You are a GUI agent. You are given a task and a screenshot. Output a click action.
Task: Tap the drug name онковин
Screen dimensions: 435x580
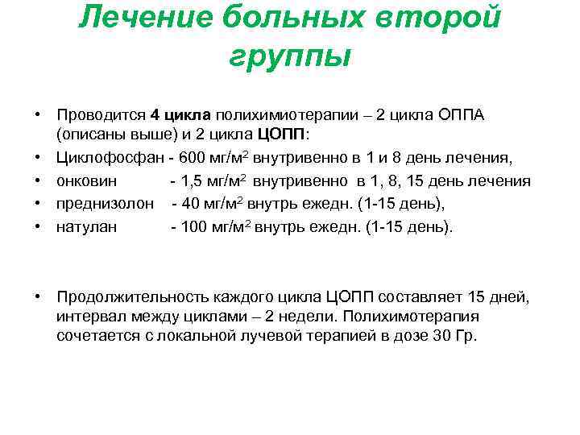85,181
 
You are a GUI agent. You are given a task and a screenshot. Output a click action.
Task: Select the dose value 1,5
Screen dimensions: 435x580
193,181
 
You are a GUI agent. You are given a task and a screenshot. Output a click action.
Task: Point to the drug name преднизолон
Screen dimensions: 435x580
105,204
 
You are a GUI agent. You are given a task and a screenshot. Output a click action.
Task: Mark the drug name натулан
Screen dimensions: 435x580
86,226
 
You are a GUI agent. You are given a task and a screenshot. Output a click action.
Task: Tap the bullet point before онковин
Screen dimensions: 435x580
38,181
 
